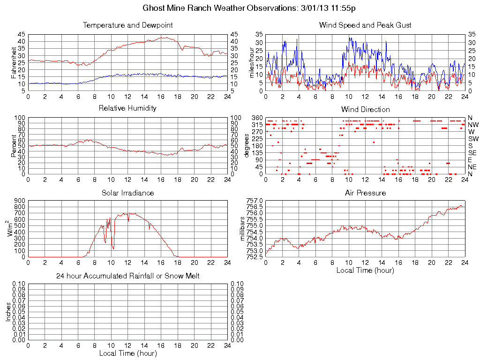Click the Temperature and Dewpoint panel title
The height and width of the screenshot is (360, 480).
(127, 25)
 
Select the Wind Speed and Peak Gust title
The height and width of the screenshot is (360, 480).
(365, 25)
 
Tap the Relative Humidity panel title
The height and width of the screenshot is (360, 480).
(127, 108)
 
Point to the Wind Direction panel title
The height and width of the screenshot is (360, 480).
(365, 110)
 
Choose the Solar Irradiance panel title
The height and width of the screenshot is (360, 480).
(127, 193)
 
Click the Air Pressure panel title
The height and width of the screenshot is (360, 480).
(365, 193)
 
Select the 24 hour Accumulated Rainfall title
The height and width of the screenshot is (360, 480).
(127, 276)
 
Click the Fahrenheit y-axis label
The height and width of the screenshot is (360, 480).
(15, 62)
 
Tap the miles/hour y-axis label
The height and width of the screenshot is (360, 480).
(252, 62)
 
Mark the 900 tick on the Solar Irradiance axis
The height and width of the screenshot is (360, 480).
(19, 201)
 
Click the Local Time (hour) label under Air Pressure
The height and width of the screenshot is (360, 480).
(365, 270)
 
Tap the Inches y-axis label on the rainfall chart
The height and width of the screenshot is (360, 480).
(8, 312)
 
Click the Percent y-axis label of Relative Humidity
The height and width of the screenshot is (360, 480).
(15, 146)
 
